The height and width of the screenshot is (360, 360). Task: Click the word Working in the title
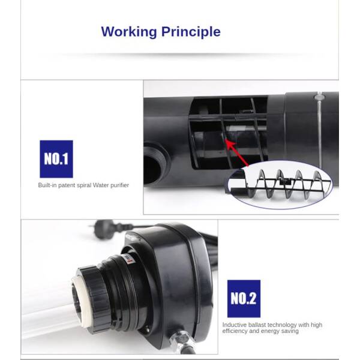[129, 32]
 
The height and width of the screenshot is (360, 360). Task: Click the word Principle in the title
[191, 32]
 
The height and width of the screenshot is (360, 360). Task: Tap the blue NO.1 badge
[56, 159]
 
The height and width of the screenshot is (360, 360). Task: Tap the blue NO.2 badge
[244, 298]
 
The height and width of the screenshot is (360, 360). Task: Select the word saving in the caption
[290, 331]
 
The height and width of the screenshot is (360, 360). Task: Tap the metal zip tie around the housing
[319, 128]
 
